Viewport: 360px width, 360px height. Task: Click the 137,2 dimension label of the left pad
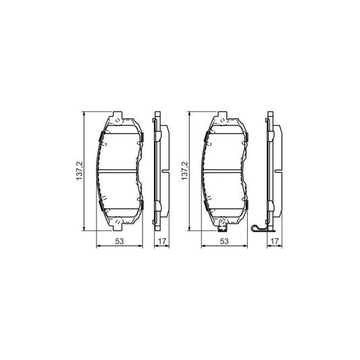click(x=80, y=171)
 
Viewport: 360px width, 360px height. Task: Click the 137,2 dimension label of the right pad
click(x=184, y=171)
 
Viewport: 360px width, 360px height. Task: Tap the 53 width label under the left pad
click(x=120, y=241)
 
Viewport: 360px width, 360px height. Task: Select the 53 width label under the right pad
click(x=224, y=241)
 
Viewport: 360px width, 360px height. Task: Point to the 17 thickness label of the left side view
click(x=162, y=241)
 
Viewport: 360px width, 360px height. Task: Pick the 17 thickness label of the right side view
click(x=275, y=241)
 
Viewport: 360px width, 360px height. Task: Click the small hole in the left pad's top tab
click(x=118, y=120)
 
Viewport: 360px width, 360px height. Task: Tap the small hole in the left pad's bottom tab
click(x=118, y=222)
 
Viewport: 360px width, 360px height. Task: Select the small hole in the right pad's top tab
click(x=222, y=120)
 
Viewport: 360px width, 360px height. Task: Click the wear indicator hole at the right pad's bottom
click(x=222, y=222)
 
